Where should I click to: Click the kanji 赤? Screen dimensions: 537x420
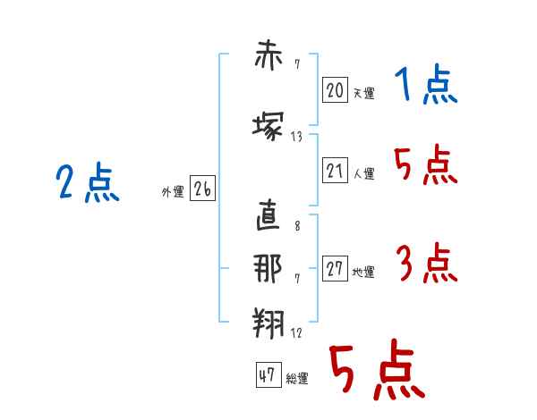click(268, 55)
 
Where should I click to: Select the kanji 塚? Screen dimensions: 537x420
click(268, 126)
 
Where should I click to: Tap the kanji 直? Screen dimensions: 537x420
click(268, 214)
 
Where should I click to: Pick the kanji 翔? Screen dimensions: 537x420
click(268, 323)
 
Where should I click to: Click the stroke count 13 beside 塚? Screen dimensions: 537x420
click(296, 137)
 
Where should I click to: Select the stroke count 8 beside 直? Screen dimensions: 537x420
click(297, 226)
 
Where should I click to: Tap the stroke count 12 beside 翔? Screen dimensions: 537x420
click(296, 332)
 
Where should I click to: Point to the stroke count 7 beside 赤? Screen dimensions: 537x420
click(297, 64)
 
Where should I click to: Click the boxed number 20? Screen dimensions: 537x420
click(335, 89)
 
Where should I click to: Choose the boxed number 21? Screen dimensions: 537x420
click(335, 170)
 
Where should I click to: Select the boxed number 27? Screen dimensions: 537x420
click(335, 268)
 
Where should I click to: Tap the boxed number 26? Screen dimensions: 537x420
click(202, 189)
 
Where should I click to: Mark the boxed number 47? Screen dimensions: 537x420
click(268, 374)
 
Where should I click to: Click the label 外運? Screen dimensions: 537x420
click(173, 192)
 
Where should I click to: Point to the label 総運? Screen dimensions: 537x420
click(297, 378)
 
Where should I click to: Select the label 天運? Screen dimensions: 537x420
click(363, 93)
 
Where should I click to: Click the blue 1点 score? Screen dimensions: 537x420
click(426, 84)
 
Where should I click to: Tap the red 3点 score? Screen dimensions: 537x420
click(427, 263)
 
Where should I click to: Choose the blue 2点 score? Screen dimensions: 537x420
click(88, 182)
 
